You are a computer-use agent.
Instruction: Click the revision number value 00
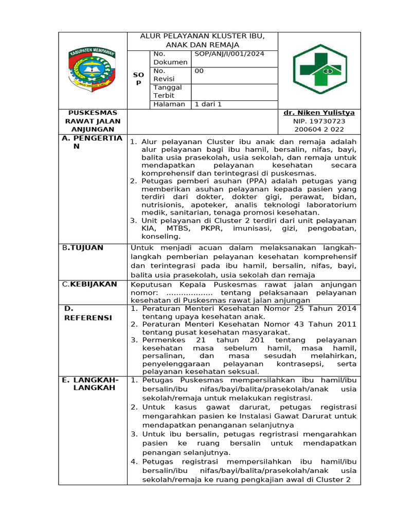[199, 71]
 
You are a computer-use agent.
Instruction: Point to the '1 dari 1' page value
[208, 104]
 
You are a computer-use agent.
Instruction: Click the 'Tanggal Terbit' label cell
[164, 92]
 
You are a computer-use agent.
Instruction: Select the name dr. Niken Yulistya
[319, 113]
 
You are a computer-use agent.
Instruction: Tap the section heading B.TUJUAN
[83, 248]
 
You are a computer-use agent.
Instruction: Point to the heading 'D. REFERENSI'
[87, 313]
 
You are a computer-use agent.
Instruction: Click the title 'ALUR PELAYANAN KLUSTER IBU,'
[203, 37]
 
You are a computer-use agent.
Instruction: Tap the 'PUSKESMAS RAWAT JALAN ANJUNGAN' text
[93, 121]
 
